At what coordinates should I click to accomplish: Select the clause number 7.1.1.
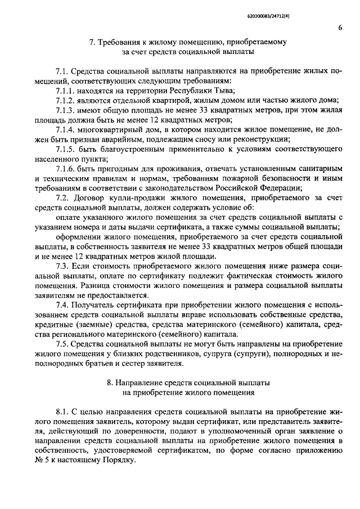67,90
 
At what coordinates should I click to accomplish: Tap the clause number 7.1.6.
67,169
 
